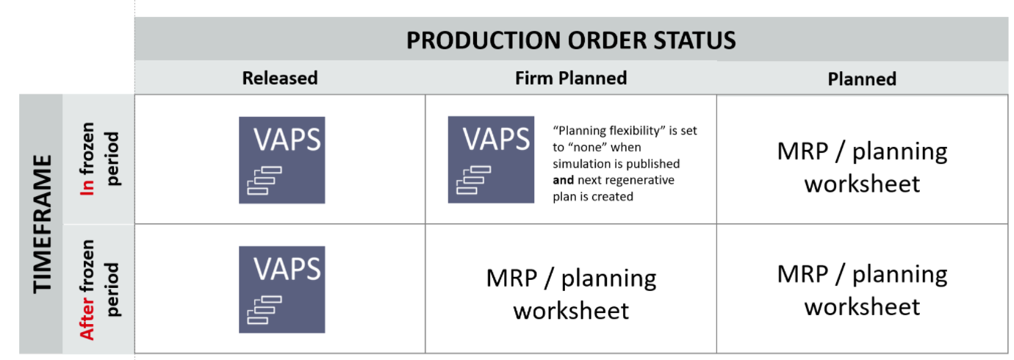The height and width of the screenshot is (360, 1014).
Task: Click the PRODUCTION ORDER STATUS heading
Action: point(571,40)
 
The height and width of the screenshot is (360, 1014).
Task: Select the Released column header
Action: point(280,78)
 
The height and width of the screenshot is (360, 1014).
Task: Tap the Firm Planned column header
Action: point(571,78)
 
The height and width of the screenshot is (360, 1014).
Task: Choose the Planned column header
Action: point(862,79)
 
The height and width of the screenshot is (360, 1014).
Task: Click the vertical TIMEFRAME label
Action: point(41,223)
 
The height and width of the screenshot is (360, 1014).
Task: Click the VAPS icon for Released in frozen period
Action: point(281,160)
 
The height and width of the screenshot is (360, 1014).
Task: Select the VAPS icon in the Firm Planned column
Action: point(491,160)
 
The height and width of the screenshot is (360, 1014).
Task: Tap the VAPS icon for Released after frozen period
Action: point(281,289)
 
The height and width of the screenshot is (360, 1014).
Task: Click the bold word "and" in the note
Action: point(564,180)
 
